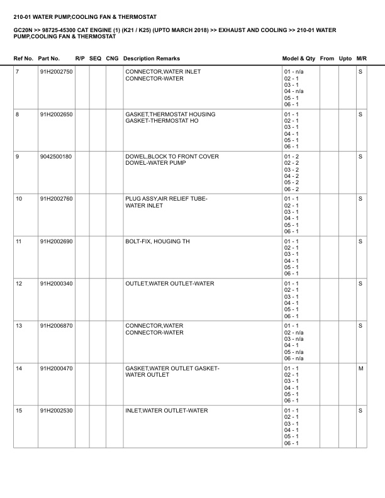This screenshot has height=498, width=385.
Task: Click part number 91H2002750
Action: click(x=56, y=72)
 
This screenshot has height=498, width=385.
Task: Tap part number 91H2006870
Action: click(x=56, y=326)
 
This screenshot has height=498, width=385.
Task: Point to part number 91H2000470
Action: click(x=56, y=368)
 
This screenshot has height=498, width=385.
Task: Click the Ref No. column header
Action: click(x=23, y=58)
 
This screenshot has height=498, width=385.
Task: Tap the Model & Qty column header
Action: click(x=299, y=58)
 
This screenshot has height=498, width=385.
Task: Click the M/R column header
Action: click(x=361, y=58)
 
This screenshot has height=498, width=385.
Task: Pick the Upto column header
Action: click(x=345, y=58)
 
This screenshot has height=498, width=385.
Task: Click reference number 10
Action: click(x=19, y=199)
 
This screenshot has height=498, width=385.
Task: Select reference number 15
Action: click(x=19, y=411)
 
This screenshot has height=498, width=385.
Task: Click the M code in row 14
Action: click(x=360, y=368)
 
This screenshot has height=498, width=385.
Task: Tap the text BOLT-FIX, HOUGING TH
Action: click(x=157, y=241)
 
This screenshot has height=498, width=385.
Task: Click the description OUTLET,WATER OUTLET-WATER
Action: click(x=170, y=284)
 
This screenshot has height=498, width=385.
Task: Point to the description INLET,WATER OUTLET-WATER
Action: click(x=167, y=411)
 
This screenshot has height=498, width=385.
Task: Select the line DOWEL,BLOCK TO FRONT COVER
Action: click(x=172, y=157)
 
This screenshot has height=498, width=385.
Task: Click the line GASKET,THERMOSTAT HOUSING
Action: click(x=170, y=114)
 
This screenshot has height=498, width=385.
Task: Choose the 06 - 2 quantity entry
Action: click(x=291, y=189)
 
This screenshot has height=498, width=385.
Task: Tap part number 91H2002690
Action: click(x=56, y=241)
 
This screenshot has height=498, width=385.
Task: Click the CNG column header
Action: click(x=112, y=58)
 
